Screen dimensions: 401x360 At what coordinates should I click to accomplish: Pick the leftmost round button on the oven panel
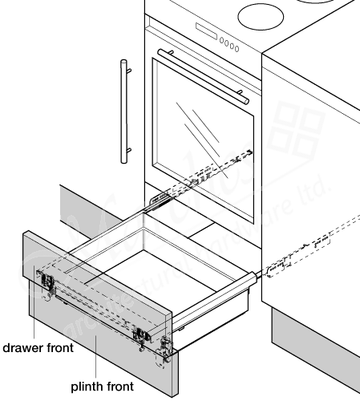tap(223, 42)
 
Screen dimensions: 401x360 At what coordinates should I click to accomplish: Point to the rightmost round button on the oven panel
tap(237, 49)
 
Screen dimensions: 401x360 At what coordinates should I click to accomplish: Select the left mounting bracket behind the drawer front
tap(47, 282)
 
